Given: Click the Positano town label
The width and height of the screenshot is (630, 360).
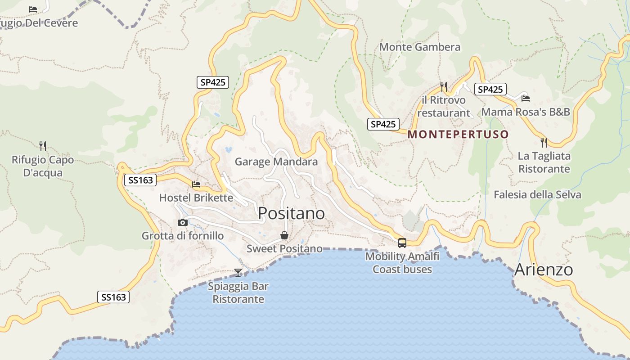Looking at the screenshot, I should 291,213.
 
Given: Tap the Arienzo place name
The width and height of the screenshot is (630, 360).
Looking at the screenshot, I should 543,270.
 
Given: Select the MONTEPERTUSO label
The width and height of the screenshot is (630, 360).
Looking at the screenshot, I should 458,134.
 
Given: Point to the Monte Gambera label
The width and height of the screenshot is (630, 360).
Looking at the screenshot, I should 420,47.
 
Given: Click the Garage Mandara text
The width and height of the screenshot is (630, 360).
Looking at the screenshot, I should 276,162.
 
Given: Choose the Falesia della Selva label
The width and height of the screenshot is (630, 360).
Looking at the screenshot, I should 537,195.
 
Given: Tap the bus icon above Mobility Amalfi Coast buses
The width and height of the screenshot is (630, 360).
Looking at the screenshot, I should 402,243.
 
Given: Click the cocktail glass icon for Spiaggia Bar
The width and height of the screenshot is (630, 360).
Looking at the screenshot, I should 238,272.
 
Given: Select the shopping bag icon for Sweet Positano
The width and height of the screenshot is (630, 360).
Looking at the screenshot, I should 284,235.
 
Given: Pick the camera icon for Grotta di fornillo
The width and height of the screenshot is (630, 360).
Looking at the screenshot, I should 183,222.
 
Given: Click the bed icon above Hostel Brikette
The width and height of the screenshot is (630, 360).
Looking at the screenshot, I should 196,184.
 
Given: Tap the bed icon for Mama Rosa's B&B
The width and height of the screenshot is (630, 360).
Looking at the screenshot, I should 525,98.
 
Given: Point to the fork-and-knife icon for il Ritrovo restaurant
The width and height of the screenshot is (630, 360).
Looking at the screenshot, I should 443,86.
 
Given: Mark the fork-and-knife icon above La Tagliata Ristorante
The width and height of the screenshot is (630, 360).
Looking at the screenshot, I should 544,143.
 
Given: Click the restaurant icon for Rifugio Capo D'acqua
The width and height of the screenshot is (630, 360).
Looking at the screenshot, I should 43,146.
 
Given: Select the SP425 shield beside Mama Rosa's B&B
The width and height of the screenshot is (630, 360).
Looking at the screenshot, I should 490,90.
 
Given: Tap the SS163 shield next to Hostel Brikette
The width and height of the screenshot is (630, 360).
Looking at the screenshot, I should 140,180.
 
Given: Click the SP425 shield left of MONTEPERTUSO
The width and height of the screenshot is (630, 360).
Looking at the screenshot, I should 383,124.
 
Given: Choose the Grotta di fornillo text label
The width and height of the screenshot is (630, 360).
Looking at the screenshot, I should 182,236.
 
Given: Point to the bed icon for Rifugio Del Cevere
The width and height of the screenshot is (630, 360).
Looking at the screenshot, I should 33,9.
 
